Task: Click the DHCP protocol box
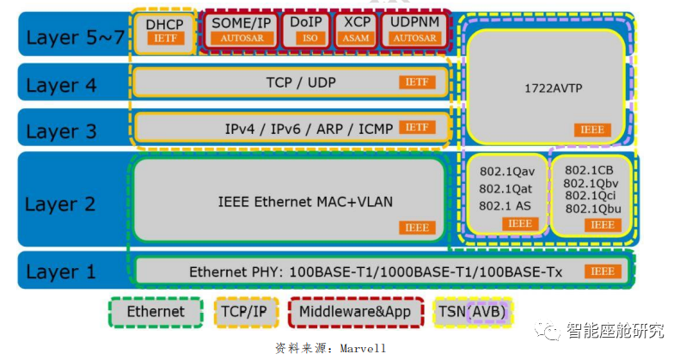click(164, 31)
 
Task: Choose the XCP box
click(355, 31)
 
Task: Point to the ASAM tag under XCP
click(355, 39)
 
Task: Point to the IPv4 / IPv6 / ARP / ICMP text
click(309, 129)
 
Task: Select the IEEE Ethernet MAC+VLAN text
click(293, 201)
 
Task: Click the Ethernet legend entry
click(155, 312)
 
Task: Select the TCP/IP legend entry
click(245, 312)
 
